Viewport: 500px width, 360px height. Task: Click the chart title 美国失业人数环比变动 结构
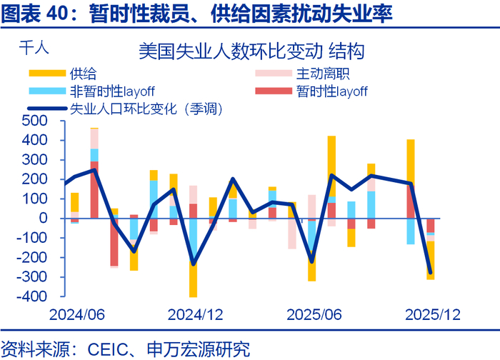coord(252,52)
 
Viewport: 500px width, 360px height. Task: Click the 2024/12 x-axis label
coord(195,315)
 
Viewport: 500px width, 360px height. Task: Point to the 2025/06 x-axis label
coord(313,315)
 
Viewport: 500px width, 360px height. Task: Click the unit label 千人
coord(32,49)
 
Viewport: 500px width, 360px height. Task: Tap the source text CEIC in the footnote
coord(107,349)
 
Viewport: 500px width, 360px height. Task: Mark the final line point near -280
coord(430,272)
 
